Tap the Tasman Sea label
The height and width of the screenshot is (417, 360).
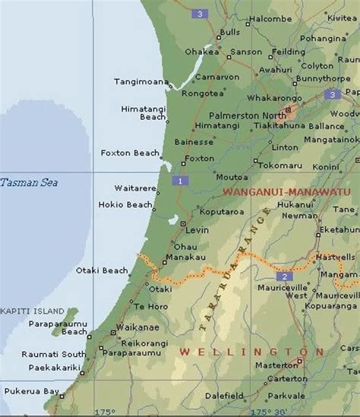click(28, 182)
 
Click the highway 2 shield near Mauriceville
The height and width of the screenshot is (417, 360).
click(284, 276)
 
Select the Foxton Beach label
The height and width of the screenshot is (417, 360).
click(130, 153)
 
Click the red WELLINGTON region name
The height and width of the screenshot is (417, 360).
click(245, 352)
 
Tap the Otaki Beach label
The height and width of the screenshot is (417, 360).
click(102, 270)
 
